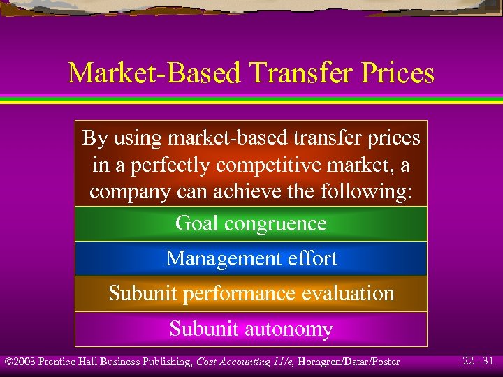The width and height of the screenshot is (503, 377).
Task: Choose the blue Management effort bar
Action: (251, 258)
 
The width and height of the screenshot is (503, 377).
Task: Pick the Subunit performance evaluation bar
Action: (251, 293)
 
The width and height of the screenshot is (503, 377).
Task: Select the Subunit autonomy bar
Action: (251, 329)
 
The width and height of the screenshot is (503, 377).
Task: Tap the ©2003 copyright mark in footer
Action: (20, 362)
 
